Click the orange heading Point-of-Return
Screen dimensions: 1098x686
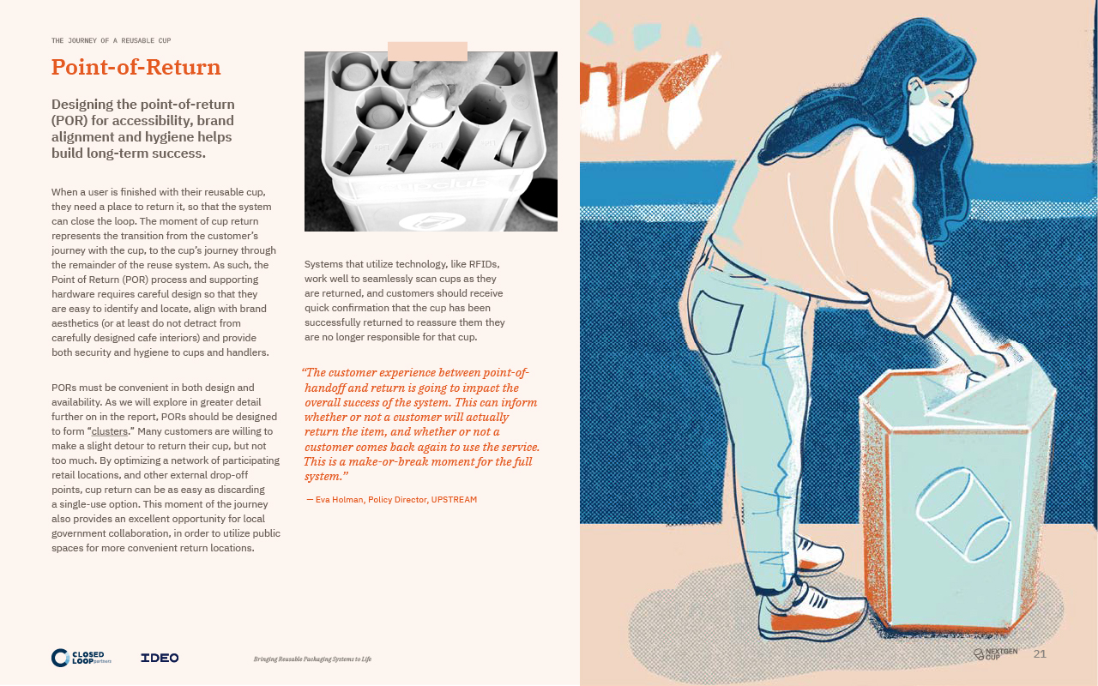point(136,67)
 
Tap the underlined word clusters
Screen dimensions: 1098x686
point(109,431)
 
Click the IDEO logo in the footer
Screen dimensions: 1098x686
point(160,658)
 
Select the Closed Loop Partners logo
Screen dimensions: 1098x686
point(81,658)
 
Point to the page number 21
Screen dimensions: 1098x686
point(1040,653)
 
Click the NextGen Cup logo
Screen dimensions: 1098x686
point(996,653)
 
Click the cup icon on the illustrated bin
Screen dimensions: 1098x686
point(962,514)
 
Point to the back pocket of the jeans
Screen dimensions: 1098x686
point(716,322)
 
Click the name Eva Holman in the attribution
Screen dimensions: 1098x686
point(339,499)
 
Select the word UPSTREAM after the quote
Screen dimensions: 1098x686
point(454,499)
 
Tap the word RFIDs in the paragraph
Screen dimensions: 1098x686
point(484,264)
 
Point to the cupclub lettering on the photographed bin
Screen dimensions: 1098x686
point(434,185)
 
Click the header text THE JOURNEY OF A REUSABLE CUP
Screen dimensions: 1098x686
point(112,40)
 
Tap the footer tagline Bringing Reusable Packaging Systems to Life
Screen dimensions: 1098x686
point(312,659)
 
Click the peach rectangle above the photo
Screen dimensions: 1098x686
point(427,51)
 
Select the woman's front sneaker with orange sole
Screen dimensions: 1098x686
point(811,612)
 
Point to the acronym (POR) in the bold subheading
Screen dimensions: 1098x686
point(69,121)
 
